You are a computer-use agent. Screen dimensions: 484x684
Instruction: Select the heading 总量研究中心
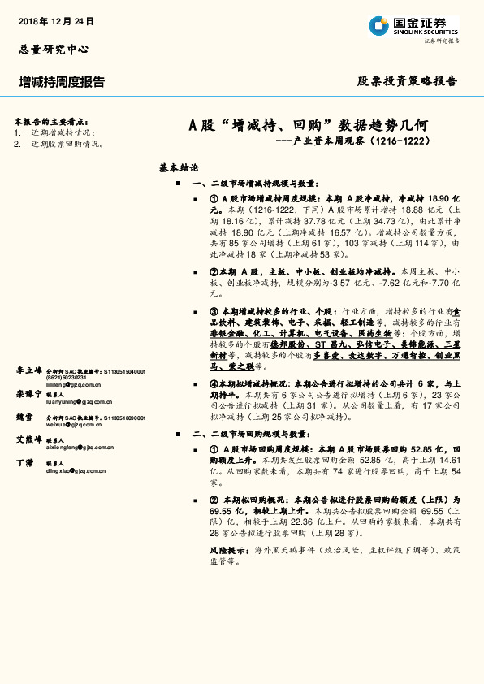point(54,49)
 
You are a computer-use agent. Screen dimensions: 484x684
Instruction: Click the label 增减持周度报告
point(62,82)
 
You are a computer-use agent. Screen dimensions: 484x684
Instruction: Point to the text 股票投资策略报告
point(408,81)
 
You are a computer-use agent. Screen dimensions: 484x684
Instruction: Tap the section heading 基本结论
point(179,168)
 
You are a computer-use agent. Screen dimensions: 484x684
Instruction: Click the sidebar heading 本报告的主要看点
point(50,120)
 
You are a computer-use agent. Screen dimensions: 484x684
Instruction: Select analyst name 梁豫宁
point(28,370)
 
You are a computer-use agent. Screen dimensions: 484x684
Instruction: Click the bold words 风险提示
point(227,550)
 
